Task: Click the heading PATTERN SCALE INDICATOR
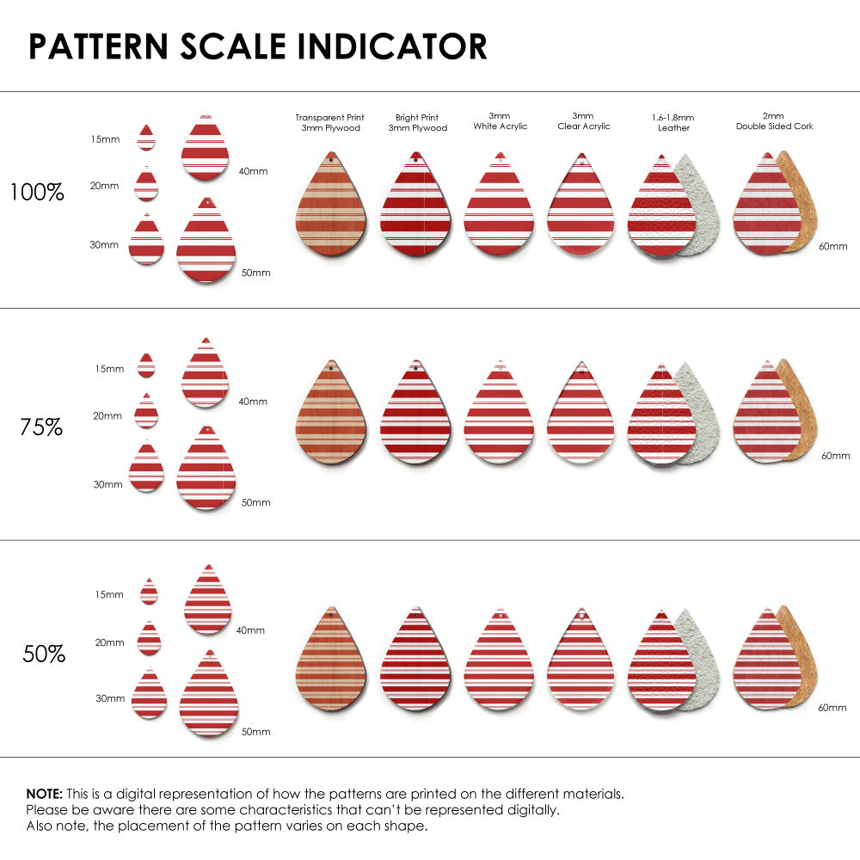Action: click(257, 46)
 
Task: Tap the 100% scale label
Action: click(37, 193)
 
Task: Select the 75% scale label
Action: click(41, 427)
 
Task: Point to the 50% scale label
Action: click(44, 654)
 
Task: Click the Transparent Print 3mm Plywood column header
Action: click(329, 122)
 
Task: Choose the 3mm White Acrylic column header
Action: click(500, 121)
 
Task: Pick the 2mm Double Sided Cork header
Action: click(774, 121)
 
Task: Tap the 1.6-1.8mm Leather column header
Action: click(673, 122)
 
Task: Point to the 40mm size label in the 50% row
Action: click(250, 630)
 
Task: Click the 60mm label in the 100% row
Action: click(832, 246)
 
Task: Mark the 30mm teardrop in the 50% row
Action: click(149, 694)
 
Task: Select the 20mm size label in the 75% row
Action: click(108, 415)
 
